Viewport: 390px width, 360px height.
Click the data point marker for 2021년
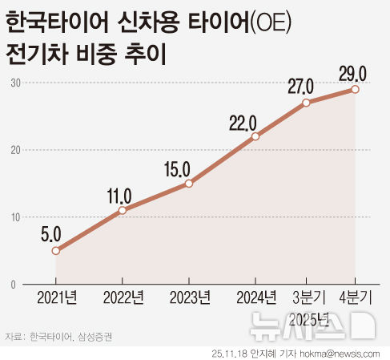point(55,250)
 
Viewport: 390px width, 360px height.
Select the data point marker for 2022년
point(122,210)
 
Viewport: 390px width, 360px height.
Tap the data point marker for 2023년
point(188,184)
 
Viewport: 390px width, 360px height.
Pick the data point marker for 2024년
point(255,136)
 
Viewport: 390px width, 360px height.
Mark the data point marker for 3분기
point(306,103)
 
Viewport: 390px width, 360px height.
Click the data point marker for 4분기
point(355,89)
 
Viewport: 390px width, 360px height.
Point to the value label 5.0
point(51,233)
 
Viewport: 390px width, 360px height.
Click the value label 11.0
point(121,193)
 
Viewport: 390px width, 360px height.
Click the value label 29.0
point(352,74)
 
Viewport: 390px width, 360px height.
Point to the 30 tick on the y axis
point(15,83)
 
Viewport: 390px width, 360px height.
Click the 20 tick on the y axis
point(15,150)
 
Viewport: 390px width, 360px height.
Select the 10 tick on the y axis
point(15,217)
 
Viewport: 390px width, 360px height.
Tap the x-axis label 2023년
point(190,299)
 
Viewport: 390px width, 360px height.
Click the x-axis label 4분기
point(356,299)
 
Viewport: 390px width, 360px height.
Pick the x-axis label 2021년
point(57,299)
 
